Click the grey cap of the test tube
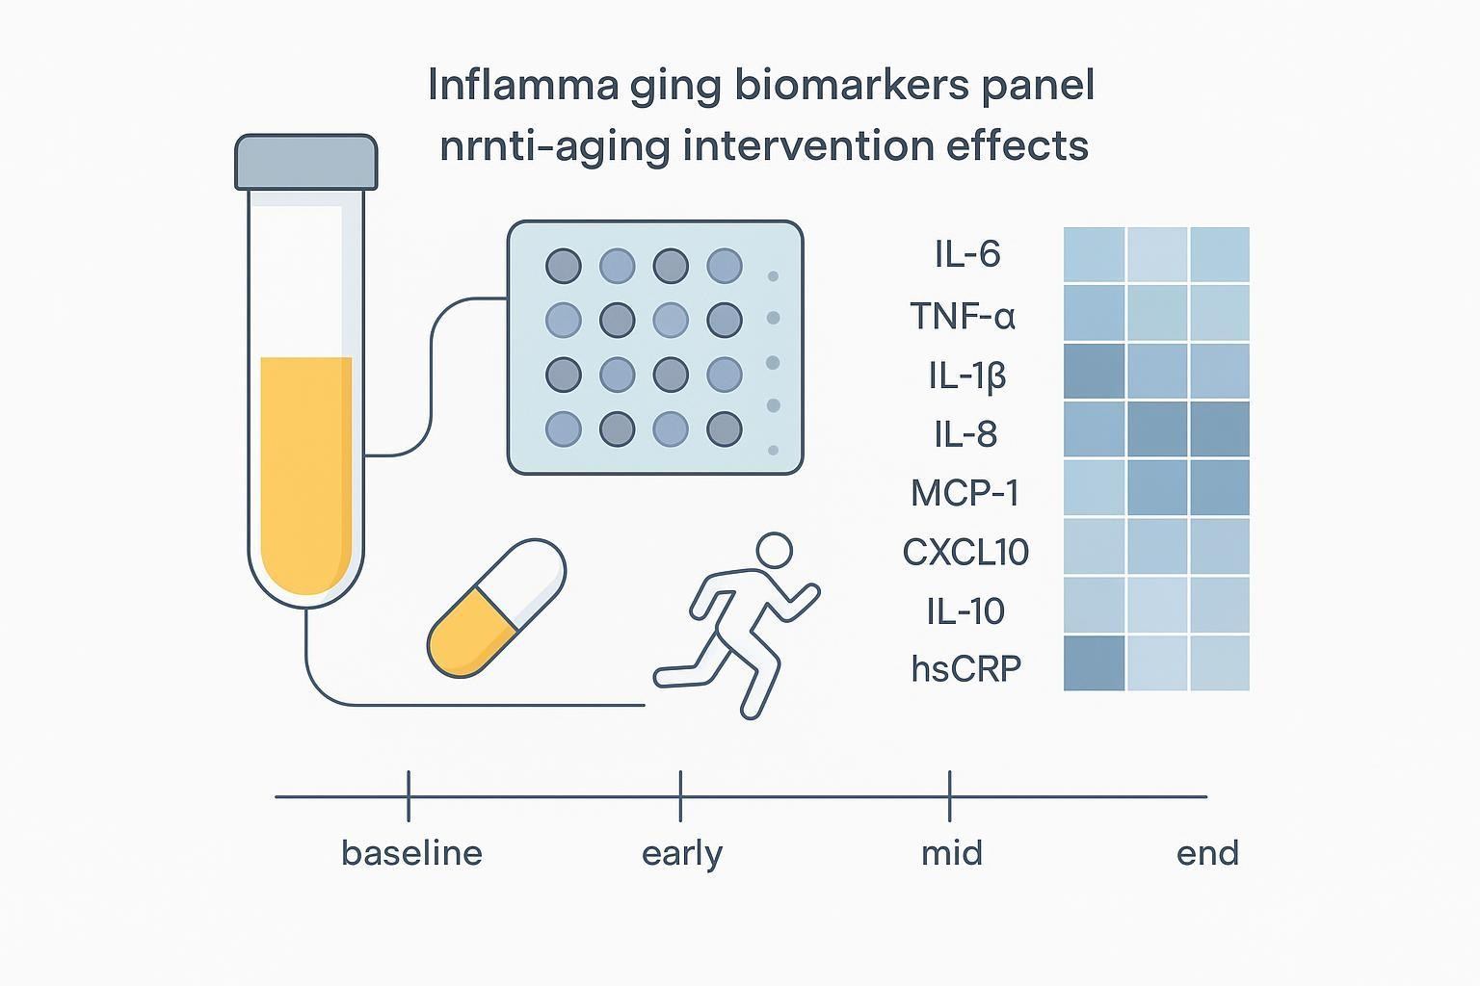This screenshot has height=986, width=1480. [x=305, y=162]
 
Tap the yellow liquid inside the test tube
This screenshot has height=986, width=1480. [x=305, y=472]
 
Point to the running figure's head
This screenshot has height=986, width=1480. [x=774, y=552]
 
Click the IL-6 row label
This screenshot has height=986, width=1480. [x=966, y=254]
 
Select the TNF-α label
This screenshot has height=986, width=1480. [x=963, y=315]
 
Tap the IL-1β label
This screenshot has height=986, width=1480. [x=966, y=375]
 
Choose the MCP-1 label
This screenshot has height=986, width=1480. [x=965, y=493]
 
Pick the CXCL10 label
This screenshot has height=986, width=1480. [x=965, y=552]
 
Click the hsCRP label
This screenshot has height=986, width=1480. [x=965, y=668]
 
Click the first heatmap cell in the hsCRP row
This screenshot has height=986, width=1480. [x=1094, y=663]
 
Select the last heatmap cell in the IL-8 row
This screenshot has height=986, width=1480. [x=1220, y=429]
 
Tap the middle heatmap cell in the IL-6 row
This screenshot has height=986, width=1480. [x=1157, y=254]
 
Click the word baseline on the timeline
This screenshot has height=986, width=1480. [x=411, y=853]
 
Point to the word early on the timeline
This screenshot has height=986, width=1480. [x=681, y=854]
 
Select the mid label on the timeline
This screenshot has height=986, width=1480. [x=951, y=853]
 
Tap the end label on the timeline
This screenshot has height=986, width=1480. [x=1206, y=853]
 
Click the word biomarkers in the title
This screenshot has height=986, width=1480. [x=849, y=86]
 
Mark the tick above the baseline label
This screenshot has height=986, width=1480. [x=409, y=795]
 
